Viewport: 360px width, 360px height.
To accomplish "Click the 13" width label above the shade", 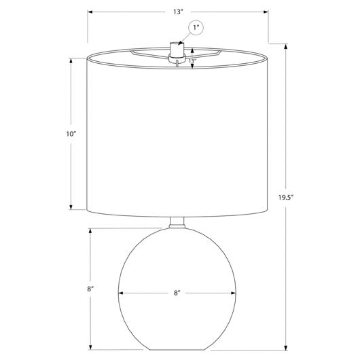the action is click(178, 12).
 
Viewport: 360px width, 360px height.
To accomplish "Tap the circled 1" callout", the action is click(196, 28).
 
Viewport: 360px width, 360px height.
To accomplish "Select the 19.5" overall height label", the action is click(286, 197).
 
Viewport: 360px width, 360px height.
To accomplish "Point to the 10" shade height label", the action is click(71, 134).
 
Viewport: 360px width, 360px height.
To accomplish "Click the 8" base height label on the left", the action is click(90, 289).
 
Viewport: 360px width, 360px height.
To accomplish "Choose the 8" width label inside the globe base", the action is click(177, 293).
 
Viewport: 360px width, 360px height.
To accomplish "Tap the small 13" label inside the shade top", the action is click(192, 61).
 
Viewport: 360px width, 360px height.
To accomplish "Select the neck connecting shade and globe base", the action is click(177, 223).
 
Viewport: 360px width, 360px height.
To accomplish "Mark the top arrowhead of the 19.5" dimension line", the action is click(286, 46).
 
